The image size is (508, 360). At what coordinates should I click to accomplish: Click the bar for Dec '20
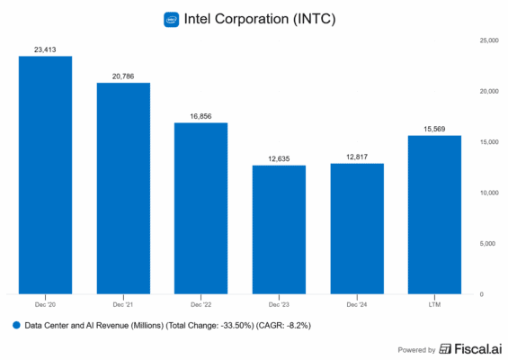click(45, 175)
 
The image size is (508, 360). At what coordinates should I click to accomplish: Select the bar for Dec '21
click(123, 188)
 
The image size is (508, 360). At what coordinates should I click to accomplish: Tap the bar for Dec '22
click(201, 208)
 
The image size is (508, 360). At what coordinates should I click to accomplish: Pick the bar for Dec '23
click(279, 229)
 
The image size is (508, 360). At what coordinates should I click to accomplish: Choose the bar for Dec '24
click(357, 229)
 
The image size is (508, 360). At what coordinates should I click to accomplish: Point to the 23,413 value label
click(45, 49)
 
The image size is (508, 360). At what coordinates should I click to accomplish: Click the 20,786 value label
click(123, 76)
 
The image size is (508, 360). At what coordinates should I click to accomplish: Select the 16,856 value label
click(201, 116)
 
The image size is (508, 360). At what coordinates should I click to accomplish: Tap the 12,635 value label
click(279, 158)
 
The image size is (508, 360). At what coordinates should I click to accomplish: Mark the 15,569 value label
click(434, 129)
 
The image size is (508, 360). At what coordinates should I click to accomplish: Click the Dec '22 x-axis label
click(201, 303)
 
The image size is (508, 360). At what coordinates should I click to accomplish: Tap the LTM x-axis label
click(434, 303)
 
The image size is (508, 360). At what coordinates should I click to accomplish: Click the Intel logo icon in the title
click(171, 19)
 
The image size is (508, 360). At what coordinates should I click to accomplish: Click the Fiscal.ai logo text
click(464, 348)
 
